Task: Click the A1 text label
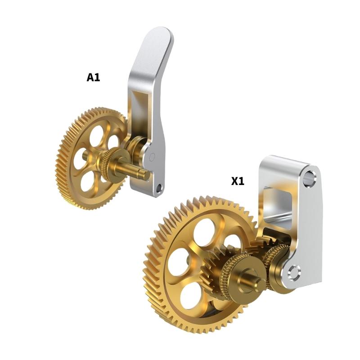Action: [94, 77]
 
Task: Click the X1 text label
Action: [238, 181]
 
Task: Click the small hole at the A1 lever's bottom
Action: [159, 188]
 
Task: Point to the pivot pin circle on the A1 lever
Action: [152, 157]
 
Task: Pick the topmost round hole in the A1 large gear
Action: [96, 133]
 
